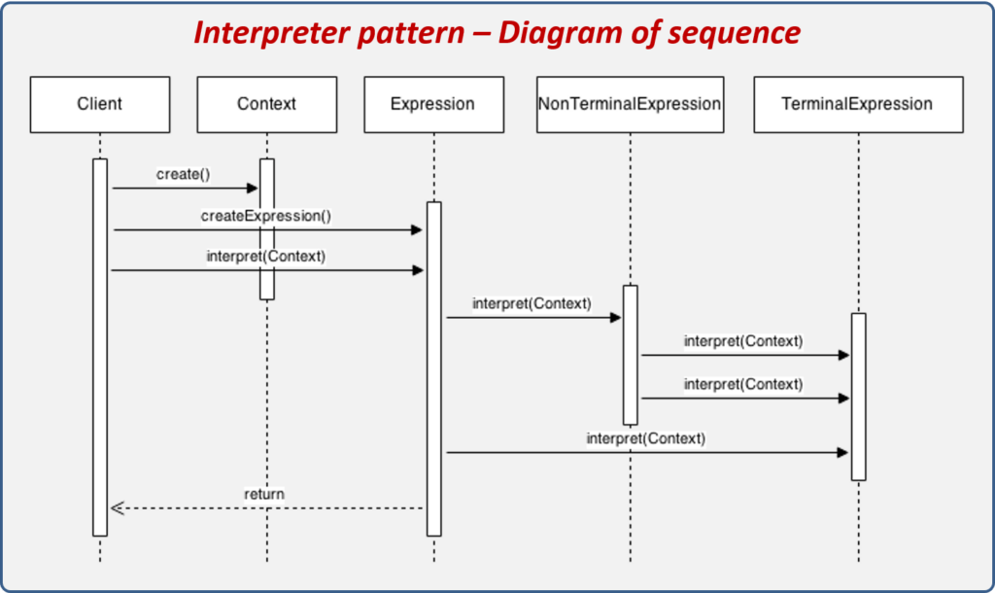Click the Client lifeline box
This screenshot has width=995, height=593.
(x=99, y=104)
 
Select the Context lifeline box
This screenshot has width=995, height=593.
(x=266, y=104)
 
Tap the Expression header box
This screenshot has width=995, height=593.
(x=432, y=104)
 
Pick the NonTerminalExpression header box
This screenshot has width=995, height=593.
(x=630, y=104)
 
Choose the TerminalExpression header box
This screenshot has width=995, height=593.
(x=857, y=104)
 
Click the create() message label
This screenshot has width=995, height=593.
(x=183, y=174)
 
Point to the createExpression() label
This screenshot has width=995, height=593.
(x=266, y=216)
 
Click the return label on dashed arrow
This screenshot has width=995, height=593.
(x=263, y=494)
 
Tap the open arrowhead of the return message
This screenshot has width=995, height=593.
(x=117, y=507)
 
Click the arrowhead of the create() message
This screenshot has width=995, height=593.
(x=253, y=188)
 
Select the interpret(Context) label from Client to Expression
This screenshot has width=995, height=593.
(x=266, y=257)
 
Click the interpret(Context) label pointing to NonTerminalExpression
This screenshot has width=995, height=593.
(x=532, y=303)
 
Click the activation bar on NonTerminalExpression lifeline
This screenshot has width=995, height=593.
(x=630, y=355)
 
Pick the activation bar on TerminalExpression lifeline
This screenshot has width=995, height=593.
(x=858, y=396)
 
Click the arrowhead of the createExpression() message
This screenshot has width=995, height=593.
(x=417, y=230)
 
